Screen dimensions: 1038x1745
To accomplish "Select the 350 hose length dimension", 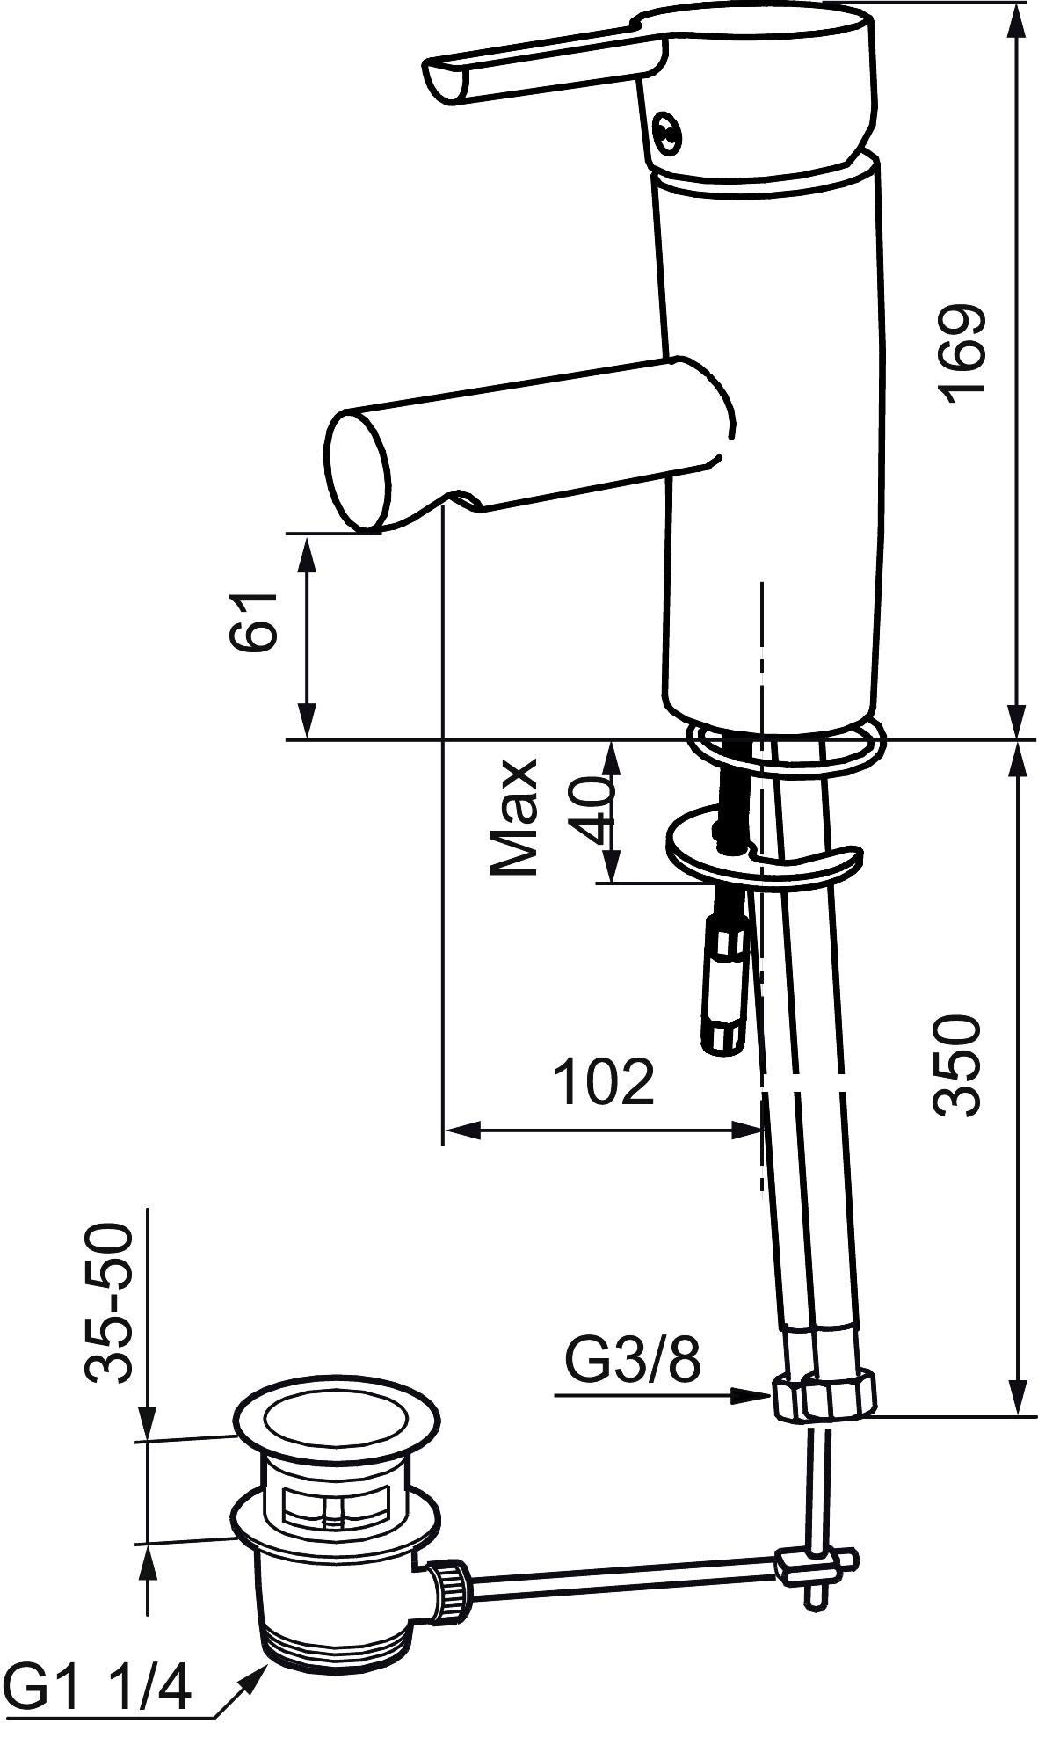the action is pyautogui.click(x=957, y=1066).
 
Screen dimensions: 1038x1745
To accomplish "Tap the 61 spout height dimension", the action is pyautogui.click(x=254, y=621).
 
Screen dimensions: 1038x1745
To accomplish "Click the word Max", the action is pyautogui.click(x=514, y=818).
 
